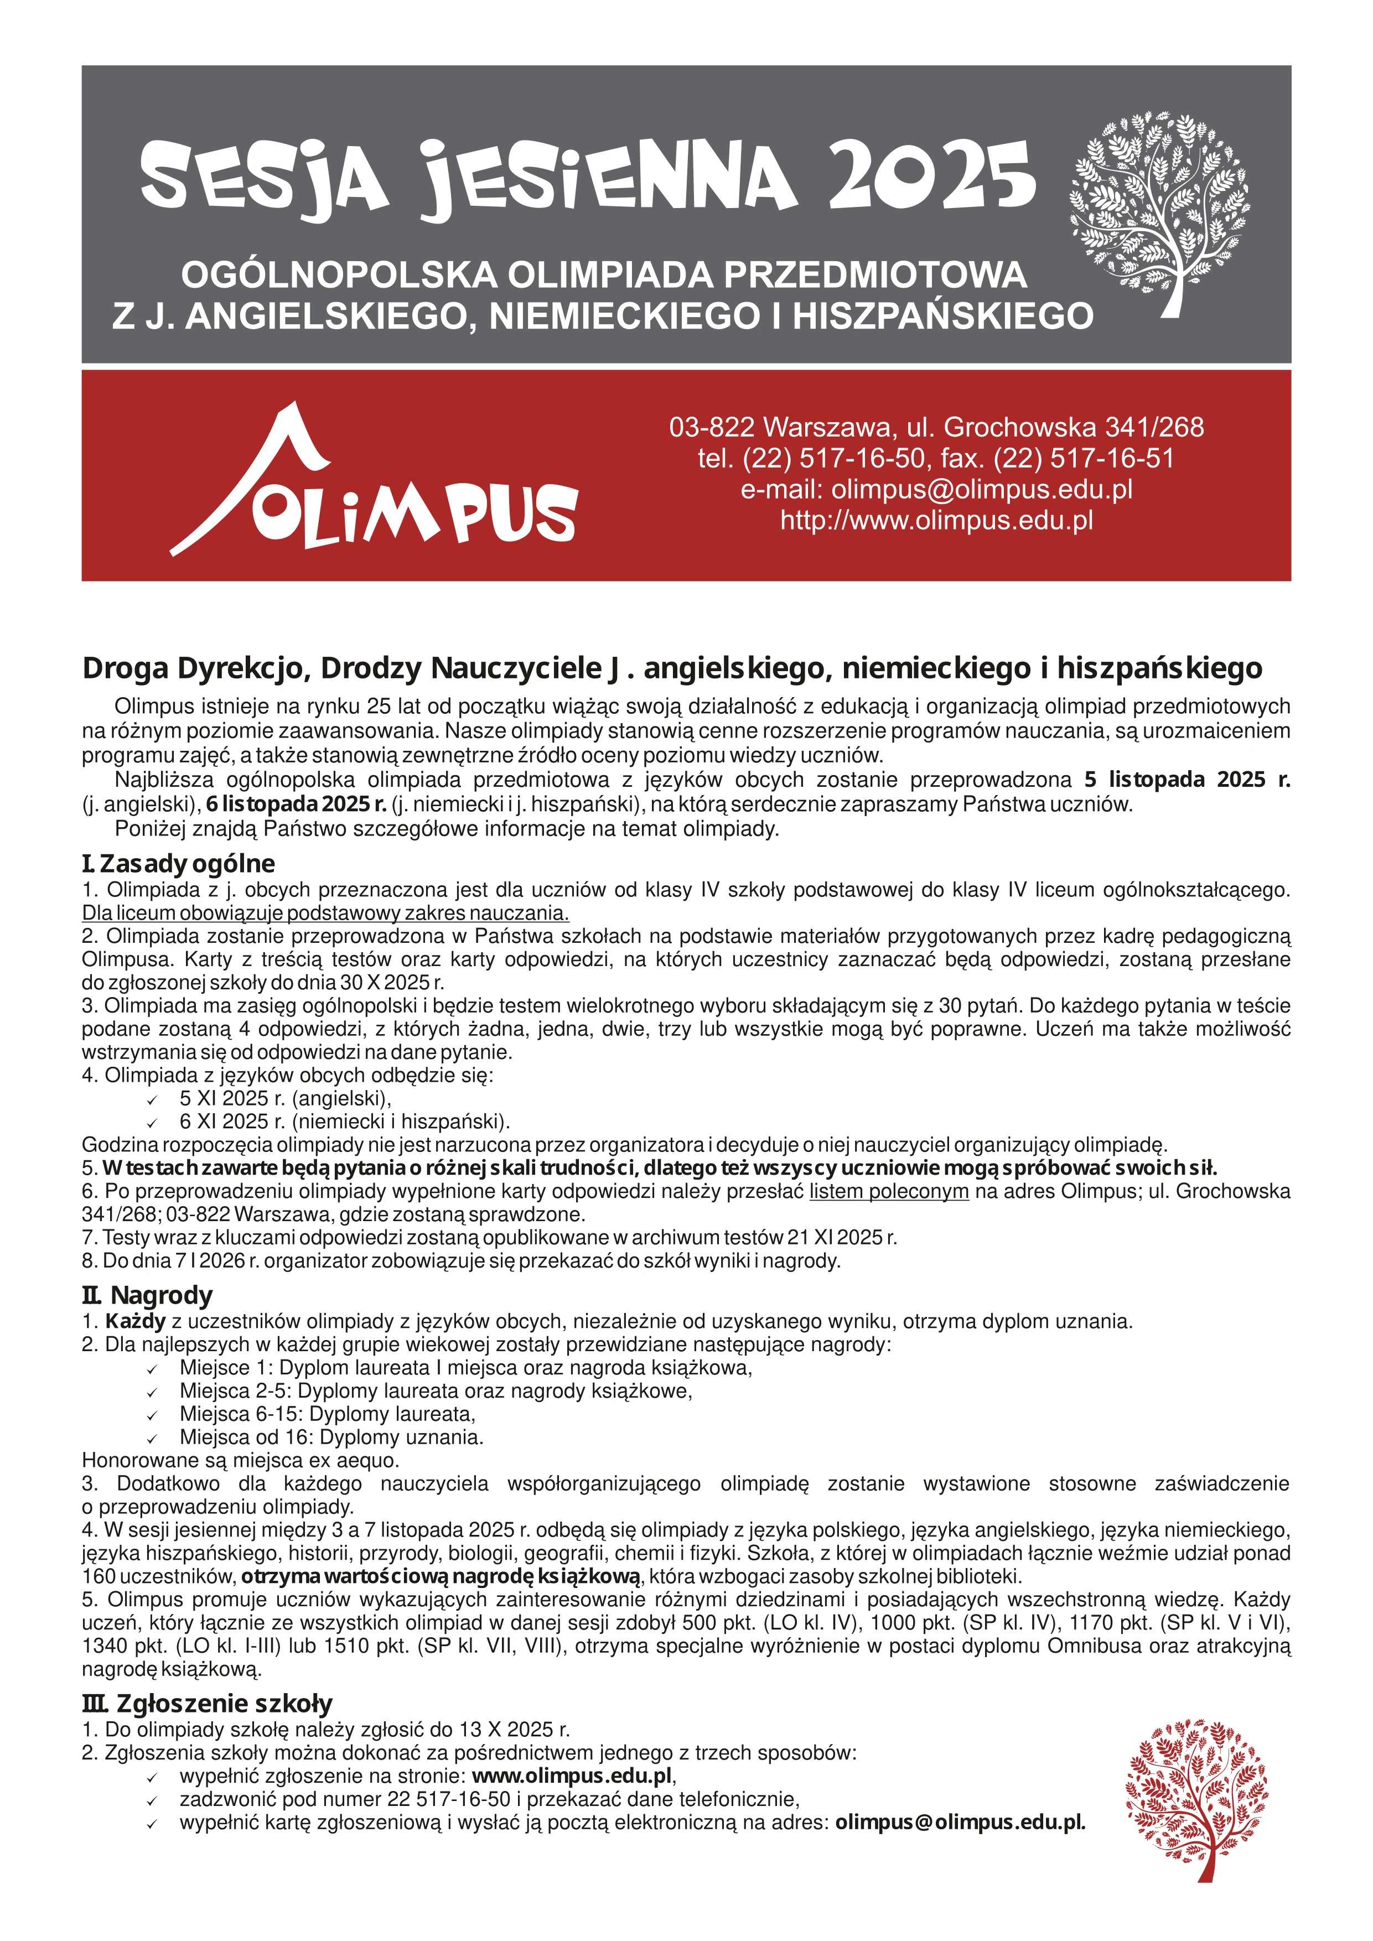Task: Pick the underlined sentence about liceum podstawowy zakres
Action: point(325,913)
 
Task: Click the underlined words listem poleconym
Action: point(889,1191)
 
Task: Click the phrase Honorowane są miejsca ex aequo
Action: point(240,1460)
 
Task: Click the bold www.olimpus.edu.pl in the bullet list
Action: point(572,1776)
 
